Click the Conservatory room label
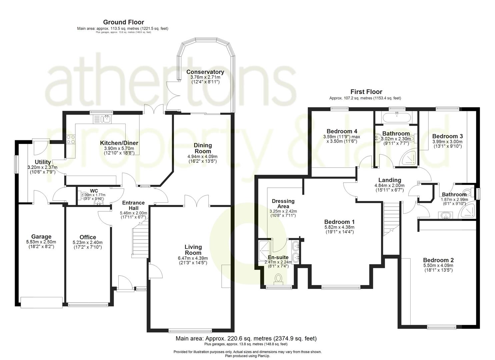click(205, 72)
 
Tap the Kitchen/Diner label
click(119, 143)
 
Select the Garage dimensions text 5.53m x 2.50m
click(41, 242)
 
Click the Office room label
click(88, 237)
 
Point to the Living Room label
click(193, 250)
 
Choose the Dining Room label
click(203, 148)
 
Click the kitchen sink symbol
click(103, 119)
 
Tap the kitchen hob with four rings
click(70, 139)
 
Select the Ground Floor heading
click(123, 22)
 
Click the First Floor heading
click(366, 92)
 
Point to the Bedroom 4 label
click(342, 131)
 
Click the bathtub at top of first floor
click(396, 117)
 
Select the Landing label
click(389, 180)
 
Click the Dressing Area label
click(283, 203)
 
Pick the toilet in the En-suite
click(278, 278)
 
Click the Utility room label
click(43, 162)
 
